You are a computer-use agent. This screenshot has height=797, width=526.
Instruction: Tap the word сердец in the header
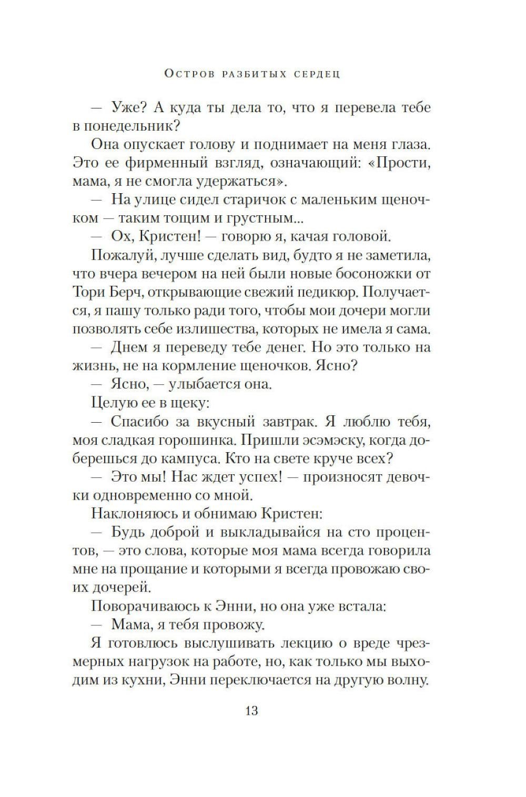coord(315,73)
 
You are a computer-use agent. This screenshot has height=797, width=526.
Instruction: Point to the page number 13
coord(251,710)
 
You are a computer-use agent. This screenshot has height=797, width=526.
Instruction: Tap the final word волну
coord(406,680)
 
